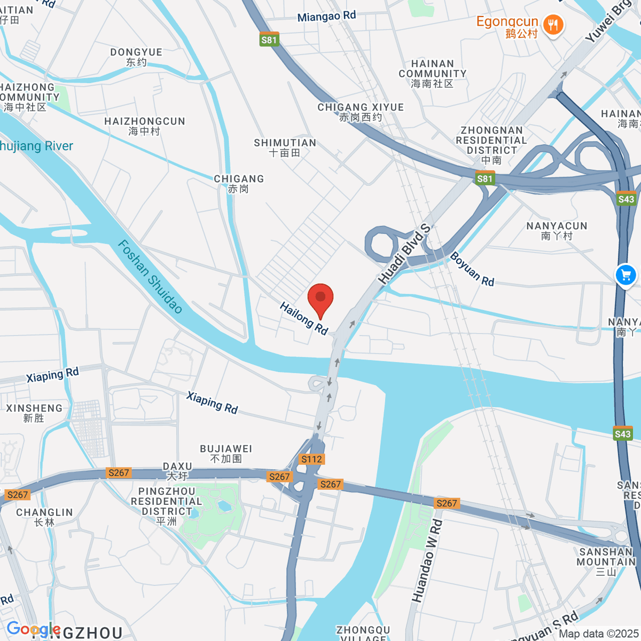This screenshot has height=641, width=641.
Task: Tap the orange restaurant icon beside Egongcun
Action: [x=553, y=25]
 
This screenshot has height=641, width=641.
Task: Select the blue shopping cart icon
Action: [x=626, y=276]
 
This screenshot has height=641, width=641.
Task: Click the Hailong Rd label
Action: [x=303, y=318]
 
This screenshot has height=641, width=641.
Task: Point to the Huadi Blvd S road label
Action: [x=404, y=254]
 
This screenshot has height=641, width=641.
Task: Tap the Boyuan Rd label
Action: [x=472, y=269]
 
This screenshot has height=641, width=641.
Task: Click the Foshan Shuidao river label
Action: [x=150, y=276]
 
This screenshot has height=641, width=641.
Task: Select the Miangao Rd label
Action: [x=326, y=17]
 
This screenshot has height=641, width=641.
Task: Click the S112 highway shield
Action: [x=311, y=459]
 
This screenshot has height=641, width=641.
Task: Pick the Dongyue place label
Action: [x=136, y=57]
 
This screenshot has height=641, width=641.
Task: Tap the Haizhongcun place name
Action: [x=144, y=126]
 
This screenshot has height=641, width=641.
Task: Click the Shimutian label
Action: [x=285, y=147]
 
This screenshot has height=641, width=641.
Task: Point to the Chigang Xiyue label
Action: [x=361, y=112]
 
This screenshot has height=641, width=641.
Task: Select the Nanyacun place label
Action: [x=557, y=231]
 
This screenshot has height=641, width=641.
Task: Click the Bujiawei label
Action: [x=226, y=454]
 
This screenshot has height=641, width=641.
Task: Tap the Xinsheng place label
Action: [x=34, y=413]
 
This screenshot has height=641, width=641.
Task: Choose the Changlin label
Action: [x=44, y=517]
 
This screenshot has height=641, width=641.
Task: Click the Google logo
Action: [x=33, y=629]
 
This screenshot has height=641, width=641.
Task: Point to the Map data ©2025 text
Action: [x=598, y=634]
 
